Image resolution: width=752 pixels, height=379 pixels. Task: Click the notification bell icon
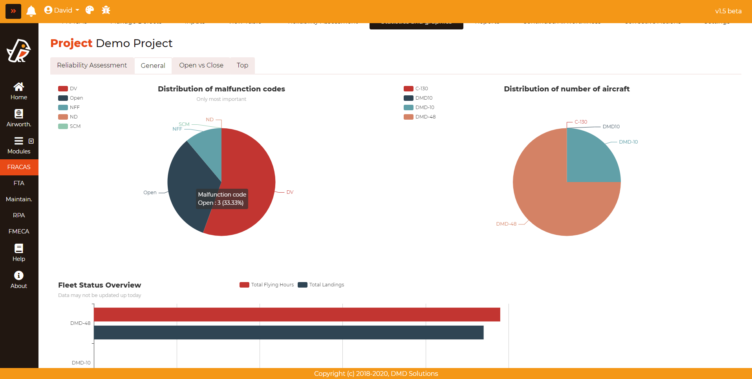pyautogui.click(x=31, y=11)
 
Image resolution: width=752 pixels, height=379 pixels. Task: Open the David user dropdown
pyautogui.click(x=62, y=10)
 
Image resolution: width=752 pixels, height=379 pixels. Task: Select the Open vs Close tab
pyautogui.click(x=201, y=66)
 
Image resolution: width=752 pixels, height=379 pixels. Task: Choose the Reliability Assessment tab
pyautogui.click(x=92, y=66)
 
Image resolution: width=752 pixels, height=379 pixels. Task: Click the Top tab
pyautogui.click(x=242, y=66)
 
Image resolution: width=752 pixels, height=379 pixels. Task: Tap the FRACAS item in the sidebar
pyautogui.click(x=19, y=167)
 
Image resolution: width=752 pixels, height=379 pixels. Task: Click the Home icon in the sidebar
pyautogui.click(x=19, y=87)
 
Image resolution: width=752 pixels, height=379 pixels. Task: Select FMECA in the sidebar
pyautogui.click(x=19, y=231)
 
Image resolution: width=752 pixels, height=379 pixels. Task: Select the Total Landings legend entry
pyautogui.click(x=321, y=285)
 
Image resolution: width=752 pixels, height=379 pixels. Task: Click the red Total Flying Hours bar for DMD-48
pyautogui.click(x=297, y=315)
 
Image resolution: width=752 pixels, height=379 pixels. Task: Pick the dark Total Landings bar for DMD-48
pyautogui.click(x=289, y=333)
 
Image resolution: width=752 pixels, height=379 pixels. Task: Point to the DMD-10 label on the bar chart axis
pyautogui.click(x=81, y=363)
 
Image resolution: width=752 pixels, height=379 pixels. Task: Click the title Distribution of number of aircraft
pyautogui.click(x=567, y=89)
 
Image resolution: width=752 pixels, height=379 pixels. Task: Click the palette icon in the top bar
pyautogui.click(x=90, y=10)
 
